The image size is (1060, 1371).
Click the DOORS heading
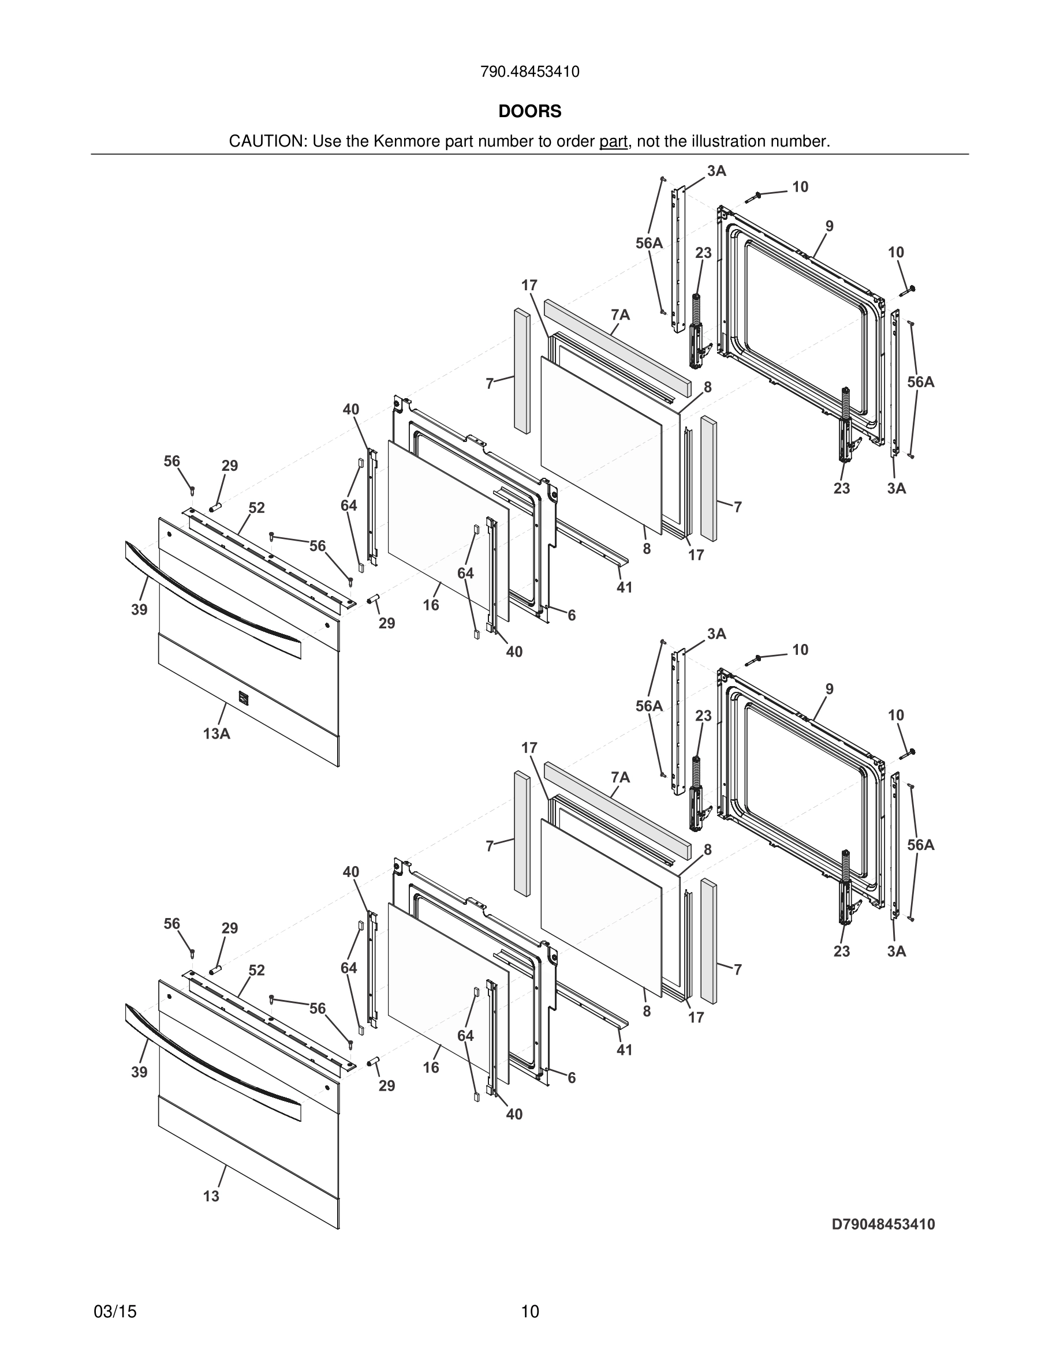click(x=529, y=112)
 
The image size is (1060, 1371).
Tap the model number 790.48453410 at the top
click(x=529, y=72)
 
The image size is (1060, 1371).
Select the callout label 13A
click(x=216, y=733)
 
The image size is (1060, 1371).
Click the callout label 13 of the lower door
click(x=212, y=1197)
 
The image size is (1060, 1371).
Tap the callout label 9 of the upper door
click(x=830, y=227)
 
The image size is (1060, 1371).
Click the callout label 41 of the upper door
click(x=624, y=587)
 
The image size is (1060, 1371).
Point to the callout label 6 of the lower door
click(x=572, y=1078)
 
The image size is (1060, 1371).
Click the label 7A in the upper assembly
click(x=620, y=315)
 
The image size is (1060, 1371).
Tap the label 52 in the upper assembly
click(x=256, y=508)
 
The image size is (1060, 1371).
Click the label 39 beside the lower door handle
click(x=139, y=1072)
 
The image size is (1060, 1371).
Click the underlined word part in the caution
click(x=613, y=142)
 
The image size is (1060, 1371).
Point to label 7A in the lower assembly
click(x=620, y=778)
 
